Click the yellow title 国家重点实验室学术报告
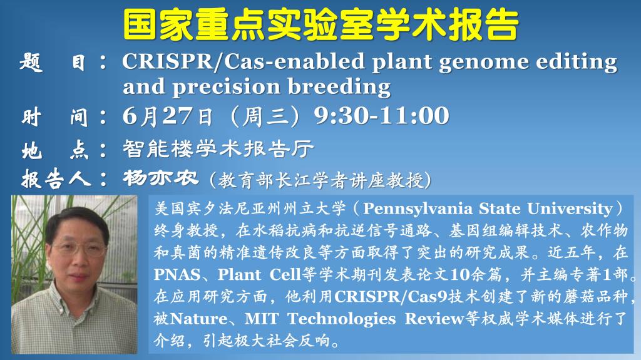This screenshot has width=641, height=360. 321,25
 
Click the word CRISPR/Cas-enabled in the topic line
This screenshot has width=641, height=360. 244,62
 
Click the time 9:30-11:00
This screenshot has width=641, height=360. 381,115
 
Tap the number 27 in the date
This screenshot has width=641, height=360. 177,115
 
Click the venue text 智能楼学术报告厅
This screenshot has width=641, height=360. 218,148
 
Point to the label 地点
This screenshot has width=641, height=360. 55,150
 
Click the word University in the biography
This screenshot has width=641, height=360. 570,208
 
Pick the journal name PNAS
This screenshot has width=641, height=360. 177,274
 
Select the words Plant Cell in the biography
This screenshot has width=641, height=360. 259,274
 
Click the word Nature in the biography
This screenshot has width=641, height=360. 198,319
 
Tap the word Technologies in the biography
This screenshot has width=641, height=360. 342,319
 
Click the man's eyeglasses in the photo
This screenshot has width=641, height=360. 79,249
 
